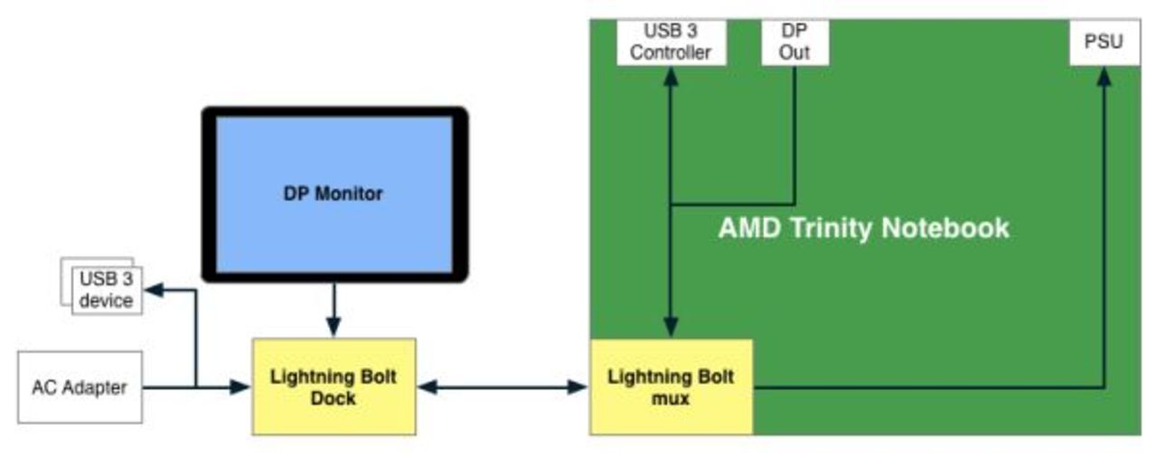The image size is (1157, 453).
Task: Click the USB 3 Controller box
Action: click(x=670, y=42)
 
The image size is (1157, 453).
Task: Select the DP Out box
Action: click(x=795, y=42)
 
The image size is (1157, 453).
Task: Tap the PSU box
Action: click(x=1103, y=42)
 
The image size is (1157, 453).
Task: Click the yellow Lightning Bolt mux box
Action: click(x=671, y=387)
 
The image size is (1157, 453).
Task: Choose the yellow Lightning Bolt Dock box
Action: click(x=334, y=387)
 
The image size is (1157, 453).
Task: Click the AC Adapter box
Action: click(x=80, y=388)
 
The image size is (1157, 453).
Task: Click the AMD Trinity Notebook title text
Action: click(x=863, y=227)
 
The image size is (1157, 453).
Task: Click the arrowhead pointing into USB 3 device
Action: click(x=153, y=290)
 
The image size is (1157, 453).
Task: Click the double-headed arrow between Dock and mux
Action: click(x=503, y=387)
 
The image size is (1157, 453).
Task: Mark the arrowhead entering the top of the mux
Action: click(x=671, y=329)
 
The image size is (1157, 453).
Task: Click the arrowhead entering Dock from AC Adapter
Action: click(x=240, y=387)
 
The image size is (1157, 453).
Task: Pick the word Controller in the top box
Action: click(x=670, y=52)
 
